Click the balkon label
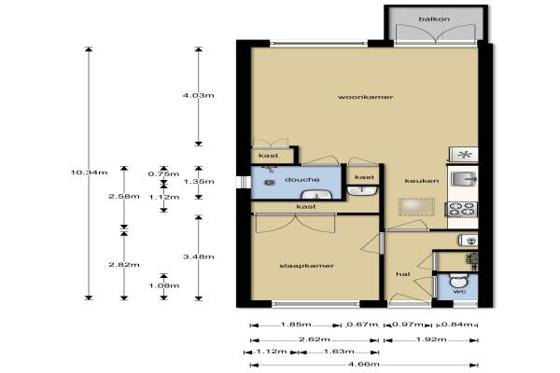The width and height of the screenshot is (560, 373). (x=434, y=19)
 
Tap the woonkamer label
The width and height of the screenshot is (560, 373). (x=365, y=97)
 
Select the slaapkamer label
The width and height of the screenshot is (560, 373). (x=306, y=266)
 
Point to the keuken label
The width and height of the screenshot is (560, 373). (x=422, y=181)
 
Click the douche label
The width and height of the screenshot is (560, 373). (x=302, y=180)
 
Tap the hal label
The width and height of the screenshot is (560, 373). (x=403, y=274)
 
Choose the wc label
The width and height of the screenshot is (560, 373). (x=459, y=292)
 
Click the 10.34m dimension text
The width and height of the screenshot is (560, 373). (x=89, y=173)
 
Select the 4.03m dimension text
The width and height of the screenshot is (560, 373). (x=198, y=95)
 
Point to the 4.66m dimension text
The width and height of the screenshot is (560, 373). (x=364, y=365)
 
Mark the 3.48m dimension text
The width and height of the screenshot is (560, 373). (x=198, y=256)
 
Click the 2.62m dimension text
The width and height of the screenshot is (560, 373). (x=315, y=339)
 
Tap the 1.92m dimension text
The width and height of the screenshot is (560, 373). (x=431, y=339)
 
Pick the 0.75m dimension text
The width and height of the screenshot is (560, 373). (x=163, y=174)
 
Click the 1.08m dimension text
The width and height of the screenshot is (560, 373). (x=163, y=285)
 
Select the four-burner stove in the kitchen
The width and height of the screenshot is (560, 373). (x=463, y=209)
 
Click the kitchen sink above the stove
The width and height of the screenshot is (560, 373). (x=464, y=179)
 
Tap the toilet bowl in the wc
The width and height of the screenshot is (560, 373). (x=457, y=281)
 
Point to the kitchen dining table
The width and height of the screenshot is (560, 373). (x=416, y=206)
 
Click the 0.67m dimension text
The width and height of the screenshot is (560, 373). (x=362, y=325)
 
